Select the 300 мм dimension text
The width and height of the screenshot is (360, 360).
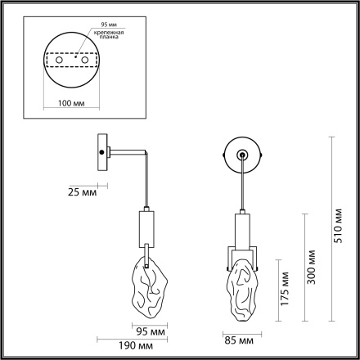click(x=313, y=267)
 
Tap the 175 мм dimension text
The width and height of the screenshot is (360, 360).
click(x=285, y=289)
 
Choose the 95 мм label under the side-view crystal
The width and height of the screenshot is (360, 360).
click(x=149, y=331)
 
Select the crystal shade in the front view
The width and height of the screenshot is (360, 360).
click(x=242, y=290)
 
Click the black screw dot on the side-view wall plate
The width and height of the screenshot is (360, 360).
click(x=101, y=152)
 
